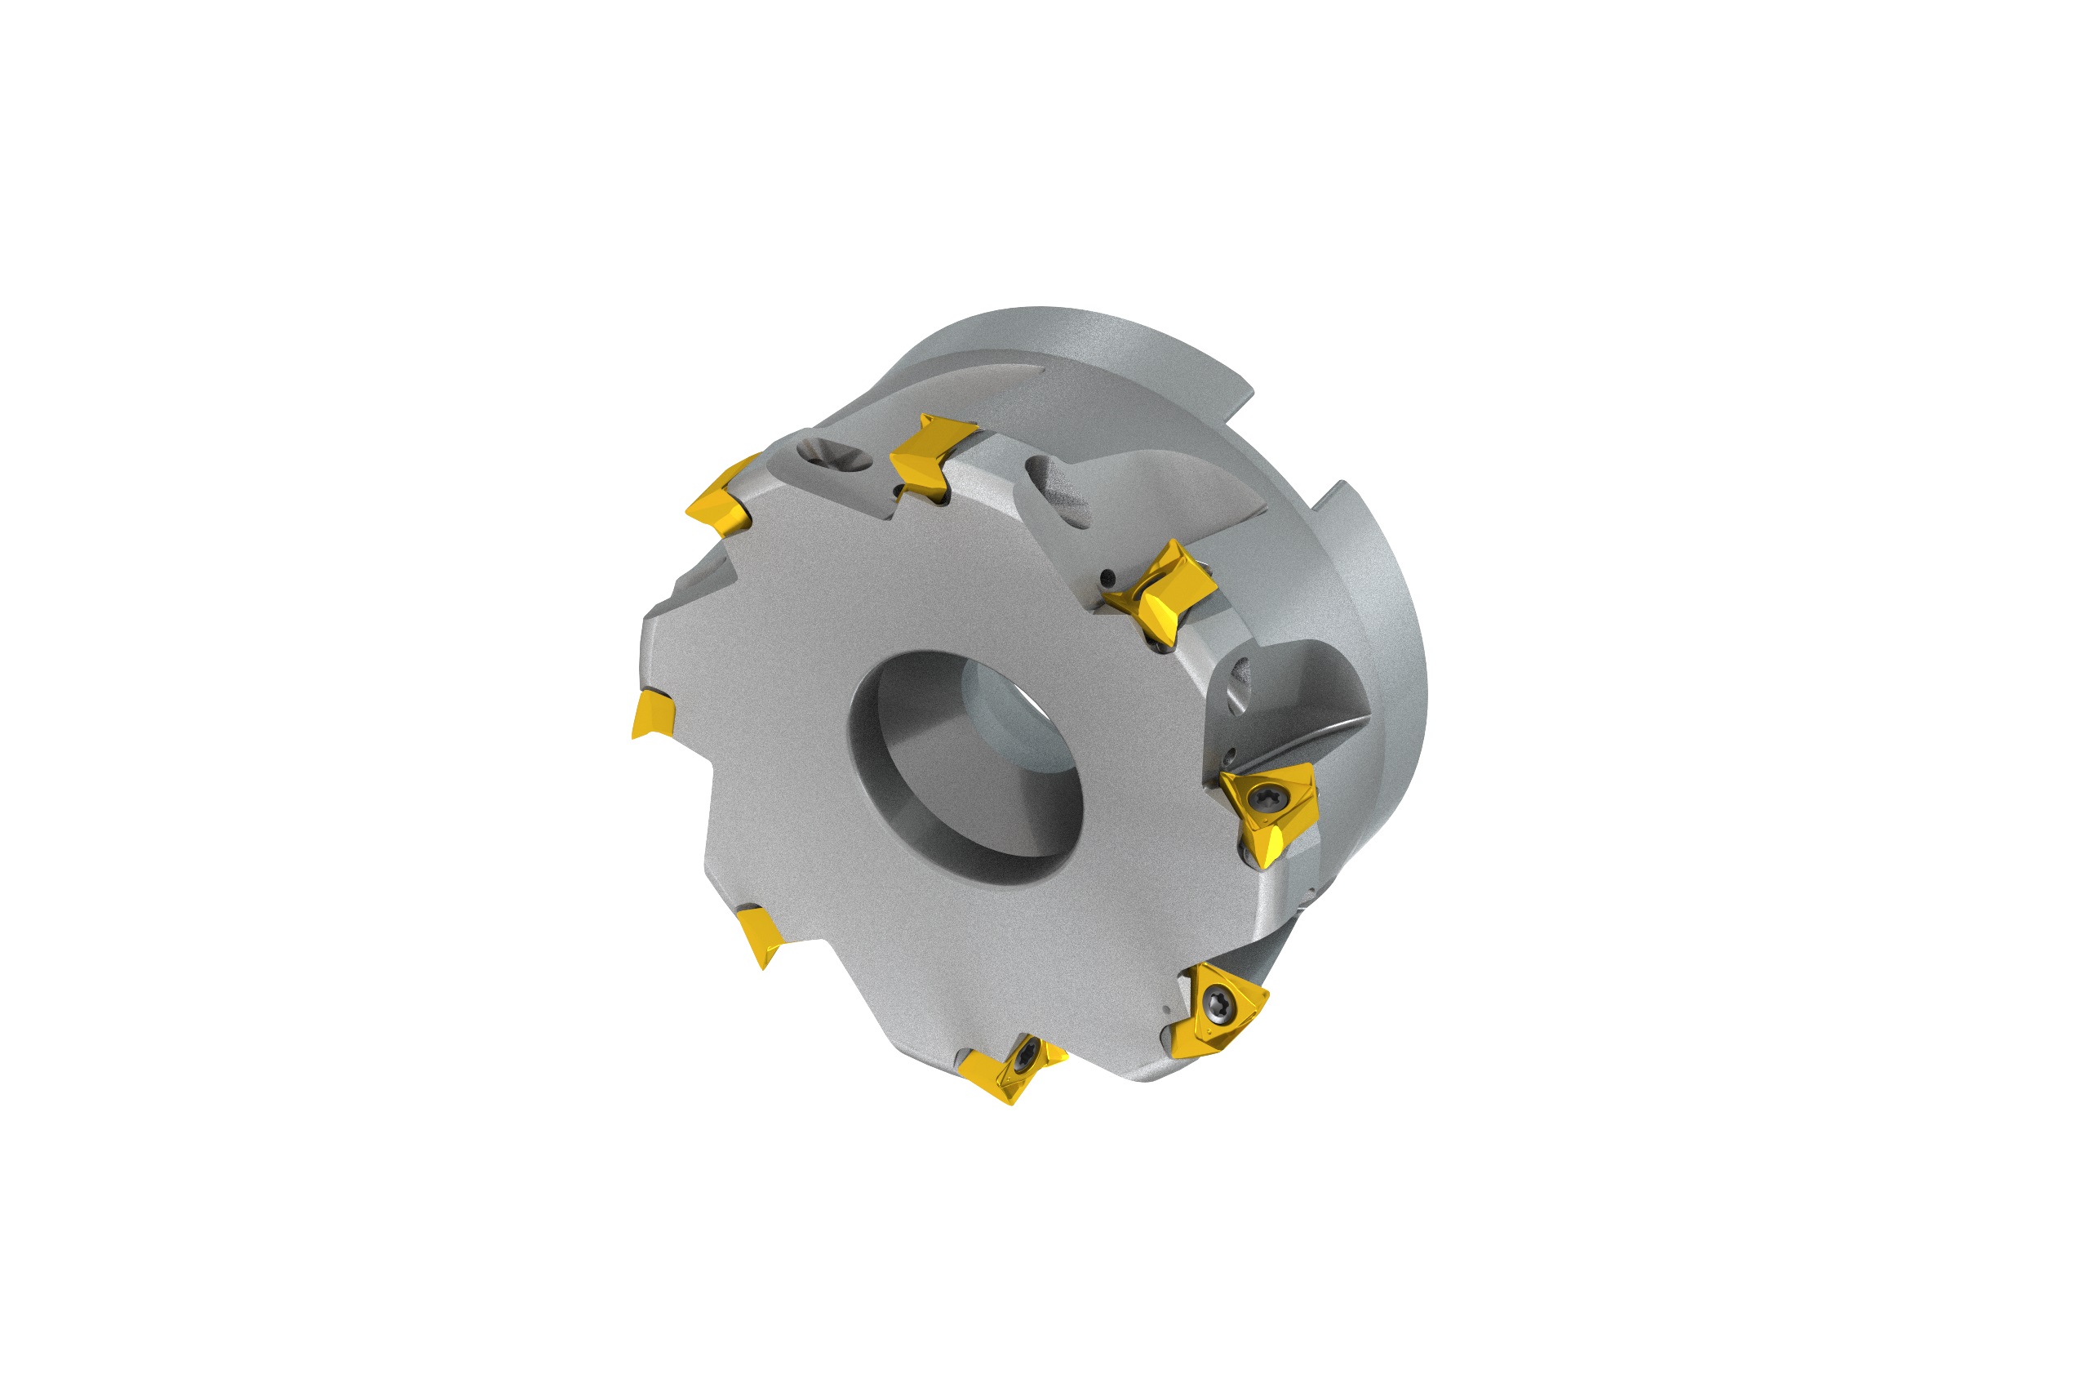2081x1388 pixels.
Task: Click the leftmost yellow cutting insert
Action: click(x=652, y=714)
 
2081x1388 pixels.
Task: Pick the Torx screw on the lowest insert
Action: click(x=1027, y=1059)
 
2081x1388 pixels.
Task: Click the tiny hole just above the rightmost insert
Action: click(x=1230, y=756)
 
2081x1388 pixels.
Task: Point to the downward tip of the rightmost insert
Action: click(x=1263, y=863)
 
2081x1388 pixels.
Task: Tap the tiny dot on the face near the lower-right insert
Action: click(x=1167, y=1009)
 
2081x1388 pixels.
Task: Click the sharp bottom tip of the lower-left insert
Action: click(x=764, y=968)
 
